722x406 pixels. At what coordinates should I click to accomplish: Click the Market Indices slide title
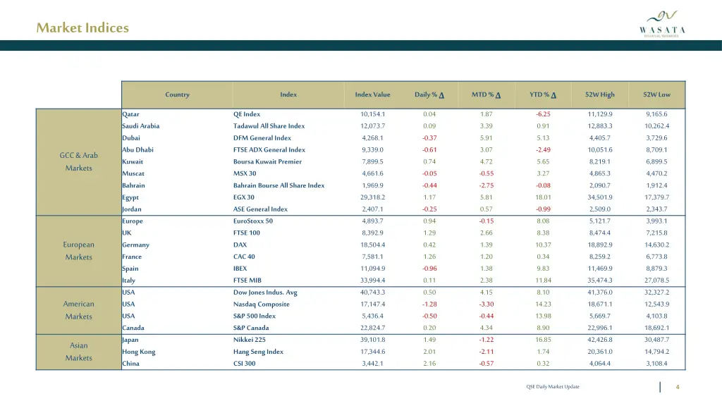point(82,28)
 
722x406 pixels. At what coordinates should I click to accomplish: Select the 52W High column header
point(600,95)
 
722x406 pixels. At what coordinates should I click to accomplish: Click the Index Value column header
point(372,95)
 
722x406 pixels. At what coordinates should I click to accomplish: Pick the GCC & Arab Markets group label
point(79,161)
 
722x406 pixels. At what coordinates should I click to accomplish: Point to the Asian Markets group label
point(79,352)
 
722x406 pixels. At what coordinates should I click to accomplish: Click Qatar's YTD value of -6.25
point(543,114)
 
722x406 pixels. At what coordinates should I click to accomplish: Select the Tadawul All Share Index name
point(269,126)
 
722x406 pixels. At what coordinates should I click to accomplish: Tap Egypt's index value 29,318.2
point(373,197)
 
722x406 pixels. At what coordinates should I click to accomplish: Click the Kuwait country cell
point(133,162)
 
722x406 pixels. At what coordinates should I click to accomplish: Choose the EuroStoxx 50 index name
point(252,221)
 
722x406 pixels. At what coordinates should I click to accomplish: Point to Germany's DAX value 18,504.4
point(373,245)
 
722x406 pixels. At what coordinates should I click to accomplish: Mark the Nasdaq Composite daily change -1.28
point(429,304)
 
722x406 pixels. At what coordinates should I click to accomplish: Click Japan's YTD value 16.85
point(543,340)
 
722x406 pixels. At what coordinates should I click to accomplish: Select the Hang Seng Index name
point(258,352)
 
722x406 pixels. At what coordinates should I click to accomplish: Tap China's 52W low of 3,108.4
point(656,364)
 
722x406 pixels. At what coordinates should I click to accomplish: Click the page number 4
point(678,387)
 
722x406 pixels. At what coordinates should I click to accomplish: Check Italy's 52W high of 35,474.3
point(600,281)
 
